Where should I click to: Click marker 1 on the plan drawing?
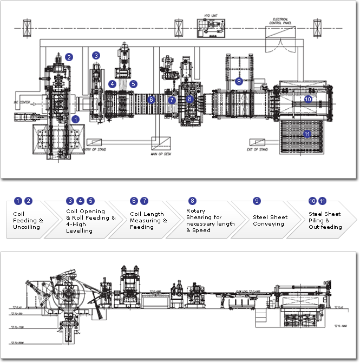pyautogui.click(x=76, y=118)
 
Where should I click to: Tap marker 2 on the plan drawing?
pyautogui.click(x=69, y=56)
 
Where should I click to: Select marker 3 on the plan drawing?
pyautogui.click(x=96, y=55)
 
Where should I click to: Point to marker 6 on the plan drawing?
pyautogui.click(x=152, y=100)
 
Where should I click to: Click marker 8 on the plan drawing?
pyautogui.click(x=189, y=99)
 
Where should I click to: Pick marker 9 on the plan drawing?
pyautogui.click(x=239, y=81)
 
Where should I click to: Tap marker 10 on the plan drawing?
pyautogui.click(x=308, y=99)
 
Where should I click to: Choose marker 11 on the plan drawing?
pyautogui.click(x=307, y=134)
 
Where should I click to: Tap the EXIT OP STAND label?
pyautogui.click(x=257, y=149)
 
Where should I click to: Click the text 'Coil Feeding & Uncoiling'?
pyautogui.click(x=28, y=221)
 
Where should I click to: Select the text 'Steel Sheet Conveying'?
pyautogui.click(x=270, y=221)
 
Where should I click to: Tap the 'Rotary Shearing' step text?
pyautogui.click(x=210, y=221)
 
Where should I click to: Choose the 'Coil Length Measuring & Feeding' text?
pyautogui.click(x=148, y=221)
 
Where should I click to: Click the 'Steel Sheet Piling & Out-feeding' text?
pyautogui.click(x=325, y=221)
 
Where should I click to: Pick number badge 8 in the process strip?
pyautogui.click(x=192, y=201)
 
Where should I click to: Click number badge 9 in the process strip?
pyautogui.click(x=257, y=201)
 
